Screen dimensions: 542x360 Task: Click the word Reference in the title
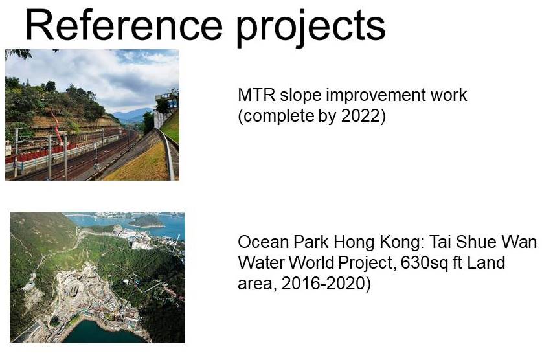(x=124, y=25)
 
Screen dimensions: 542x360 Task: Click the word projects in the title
(x=310, y=28)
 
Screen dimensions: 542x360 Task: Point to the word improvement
(x=376, y=96)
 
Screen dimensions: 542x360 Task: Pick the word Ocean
(x=264, y=242)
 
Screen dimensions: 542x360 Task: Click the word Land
(x=486, y=263)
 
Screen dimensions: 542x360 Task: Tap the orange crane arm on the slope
(x=57, y=128)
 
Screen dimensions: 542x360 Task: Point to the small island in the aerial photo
(x=148, y=221)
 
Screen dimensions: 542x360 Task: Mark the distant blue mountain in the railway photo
(x=133, y=115)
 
